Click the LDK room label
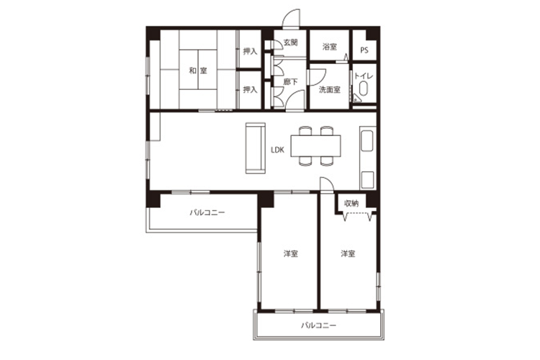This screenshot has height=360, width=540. click(x=277, y=150)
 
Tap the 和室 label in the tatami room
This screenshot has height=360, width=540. click(x=198, y=71)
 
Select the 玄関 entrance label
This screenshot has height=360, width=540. click(x=290, y=42)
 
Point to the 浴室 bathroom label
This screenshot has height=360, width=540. click(x=330, y=47)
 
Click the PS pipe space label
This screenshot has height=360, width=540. click(x=364, y=50)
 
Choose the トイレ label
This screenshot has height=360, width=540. click(x=364, y=76)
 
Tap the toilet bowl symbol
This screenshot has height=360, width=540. click(x=364, y=88)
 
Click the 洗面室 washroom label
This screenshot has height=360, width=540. click(x=330, y=90)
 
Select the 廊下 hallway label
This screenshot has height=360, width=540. click(x=290, y=82)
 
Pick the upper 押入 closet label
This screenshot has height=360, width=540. click(x=250, y=51)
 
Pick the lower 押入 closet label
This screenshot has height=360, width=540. click(x=250, y=89)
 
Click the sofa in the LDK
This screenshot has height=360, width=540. click(x=256, y=148)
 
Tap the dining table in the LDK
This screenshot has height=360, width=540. click(x=316, y=146)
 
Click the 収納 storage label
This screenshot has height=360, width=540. click(x=351, y=204)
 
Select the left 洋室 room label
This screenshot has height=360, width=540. click(x=291, y=254)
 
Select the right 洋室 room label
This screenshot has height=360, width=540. click(x=348, y=254)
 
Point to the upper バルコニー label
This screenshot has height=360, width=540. click(x=207, y=212)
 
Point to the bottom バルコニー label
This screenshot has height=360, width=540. click(x=318, y=325)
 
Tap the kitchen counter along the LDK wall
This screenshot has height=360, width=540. click(x=367, y=158)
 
